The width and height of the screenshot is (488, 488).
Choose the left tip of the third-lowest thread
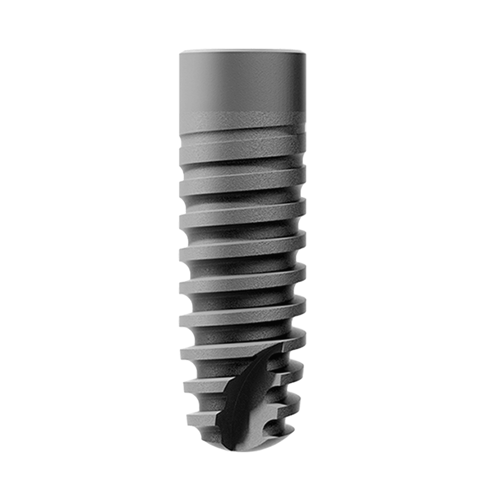pyautogui.click(x=181, y=353)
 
